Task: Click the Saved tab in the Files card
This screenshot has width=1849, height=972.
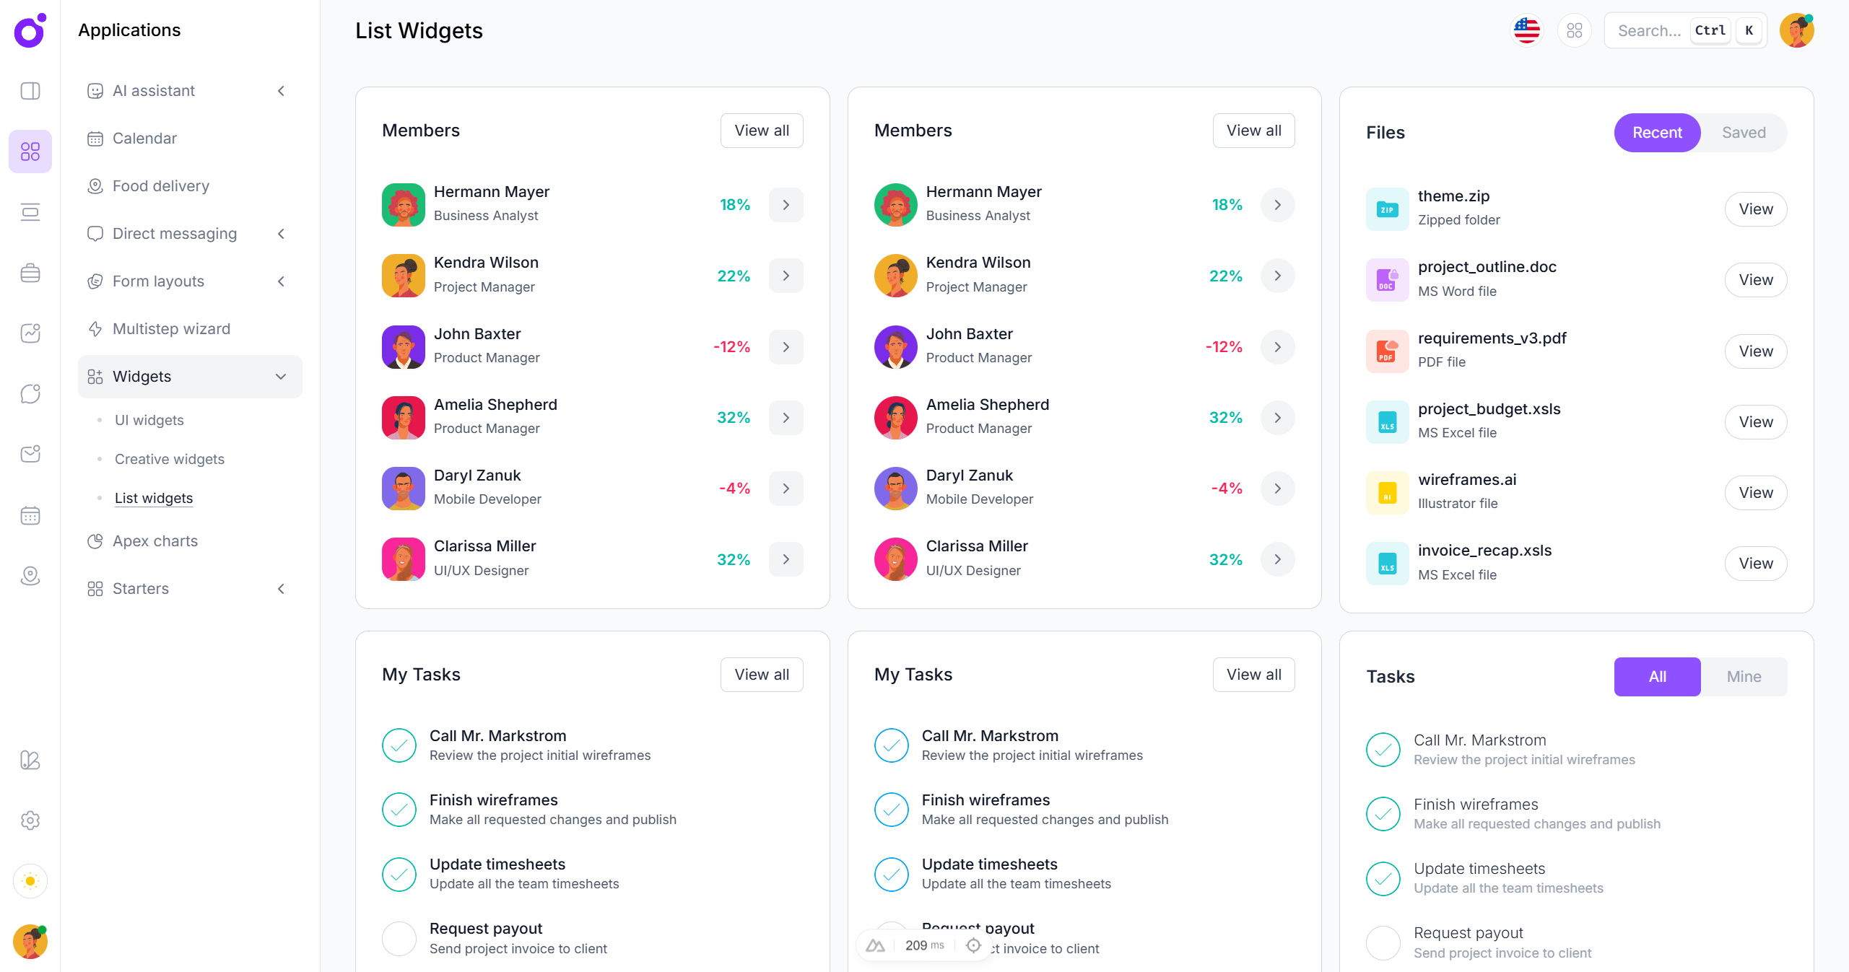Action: click(x=1743, y=133)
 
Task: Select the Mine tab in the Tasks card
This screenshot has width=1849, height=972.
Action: click(x=1743, y=677)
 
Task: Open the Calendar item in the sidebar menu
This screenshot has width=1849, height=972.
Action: click(x=144, y=139)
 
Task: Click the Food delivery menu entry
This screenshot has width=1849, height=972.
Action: click(x=160, y=186)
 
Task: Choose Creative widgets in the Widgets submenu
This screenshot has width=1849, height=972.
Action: click(x=169, y=459)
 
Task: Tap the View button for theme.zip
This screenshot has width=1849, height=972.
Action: click(x=1755, y=209)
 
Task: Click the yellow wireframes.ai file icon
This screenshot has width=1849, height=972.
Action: click(x=1386, y=493)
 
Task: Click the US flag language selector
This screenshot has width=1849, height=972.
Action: click(x=1526, y=30)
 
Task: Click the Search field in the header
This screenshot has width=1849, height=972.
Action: click(x=1649, y=30)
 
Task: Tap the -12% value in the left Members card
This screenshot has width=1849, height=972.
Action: click(x=731, y=347)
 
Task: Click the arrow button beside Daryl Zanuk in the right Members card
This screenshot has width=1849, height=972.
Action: click(x=1277, y=489)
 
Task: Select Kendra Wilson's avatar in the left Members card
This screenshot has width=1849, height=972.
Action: click(x=403, y=276)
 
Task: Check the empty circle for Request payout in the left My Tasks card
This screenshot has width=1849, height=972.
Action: click(x=399, y=938)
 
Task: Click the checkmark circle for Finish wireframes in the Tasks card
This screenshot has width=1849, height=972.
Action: click(x=1383, y=814)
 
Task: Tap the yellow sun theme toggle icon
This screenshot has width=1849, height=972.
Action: click(x=30, y=881)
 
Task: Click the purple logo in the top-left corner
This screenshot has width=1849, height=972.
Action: click(x=30, y=30)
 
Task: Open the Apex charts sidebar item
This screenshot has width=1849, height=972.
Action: click(x=155, y=541)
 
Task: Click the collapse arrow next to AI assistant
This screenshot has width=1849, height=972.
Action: click(x=282, y=91)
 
